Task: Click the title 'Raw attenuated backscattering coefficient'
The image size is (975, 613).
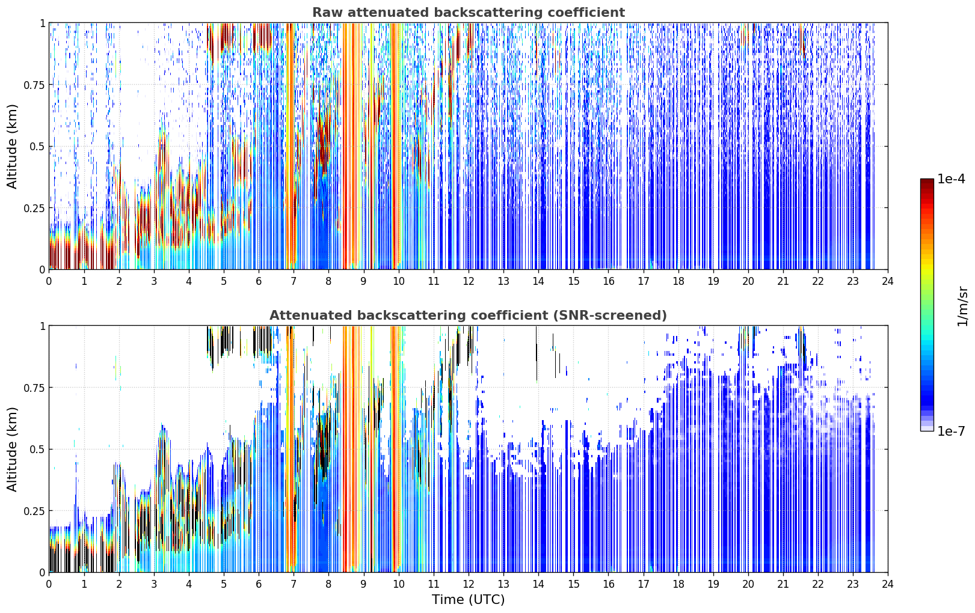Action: [469, 13]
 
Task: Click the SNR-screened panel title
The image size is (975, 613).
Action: [469, 315]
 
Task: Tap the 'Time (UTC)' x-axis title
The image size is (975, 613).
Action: [469, 600]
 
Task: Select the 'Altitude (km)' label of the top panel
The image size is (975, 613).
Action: [12, 147]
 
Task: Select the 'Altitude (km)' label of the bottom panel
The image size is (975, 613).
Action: [12, 449]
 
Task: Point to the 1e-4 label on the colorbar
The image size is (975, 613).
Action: [951, 179]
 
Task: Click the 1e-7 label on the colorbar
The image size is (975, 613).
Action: [951, 432]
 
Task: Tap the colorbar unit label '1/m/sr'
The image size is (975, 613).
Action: [962, 306]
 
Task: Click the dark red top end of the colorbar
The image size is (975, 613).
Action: [927, 181]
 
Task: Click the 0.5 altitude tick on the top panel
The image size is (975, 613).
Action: [37, 147]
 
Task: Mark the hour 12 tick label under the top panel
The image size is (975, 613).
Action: [469, 281]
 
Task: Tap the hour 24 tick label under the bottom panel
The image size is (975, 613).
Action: [888, 584]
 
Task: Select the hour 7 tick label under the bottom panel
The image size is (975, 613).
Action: [294, 584]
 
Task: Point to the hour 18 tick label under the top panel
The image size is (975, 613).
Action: [678, 281]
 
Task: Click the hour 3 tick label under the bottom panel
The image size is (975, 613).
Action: [153, 584]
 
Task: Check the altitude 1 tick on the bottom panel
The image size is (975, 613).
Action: [42, 326]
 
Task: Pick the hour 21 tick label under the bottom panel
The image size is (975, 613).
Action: [783, 584]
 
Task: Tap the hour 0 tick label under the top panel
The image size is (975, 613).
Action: [49, 281]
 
